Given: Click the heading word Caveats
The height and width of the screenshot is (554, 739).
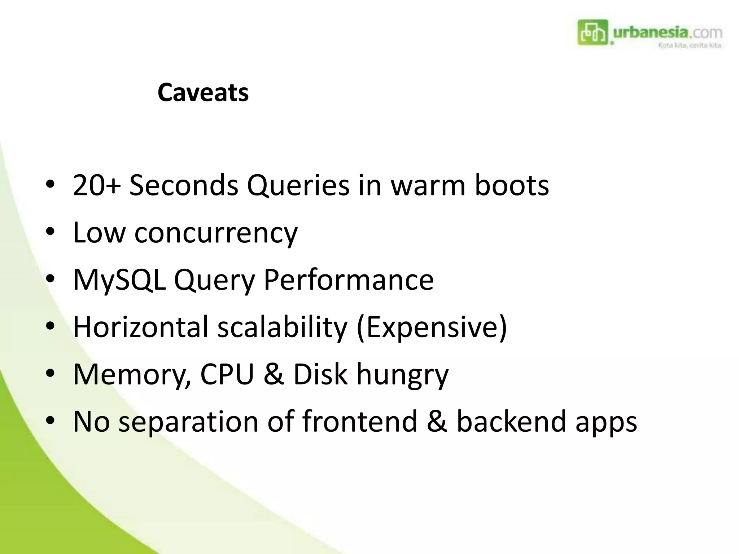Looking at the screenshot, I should pyautogui.click(x=203, y=93).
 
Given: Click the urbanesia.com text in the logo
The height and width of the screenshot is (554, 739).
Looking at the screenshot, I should pyautogui.click(x=667, y=33).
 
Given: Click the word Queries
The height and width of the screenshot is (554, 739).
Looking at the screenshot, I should pyautogui.click(x=298, y=185).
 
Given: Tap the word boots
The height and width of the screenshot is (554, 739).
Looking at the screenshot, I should pyautogui.click(x=511, y=185).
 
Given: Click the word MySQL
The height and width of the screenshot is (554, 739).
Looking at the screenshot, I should pyautogui.click(x=119, y=280).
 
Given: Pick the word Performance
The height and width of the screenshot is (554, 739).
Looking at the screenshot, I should pyautogui.click(x=349, y=280).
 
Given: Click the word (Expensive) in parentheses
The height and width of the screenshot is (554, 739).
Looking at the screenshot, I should pyautogui.click(x=432, y=327).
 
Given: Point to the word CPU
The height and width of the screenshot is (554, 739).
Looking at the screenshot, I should pyautogui.click(x=227, y=374).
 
